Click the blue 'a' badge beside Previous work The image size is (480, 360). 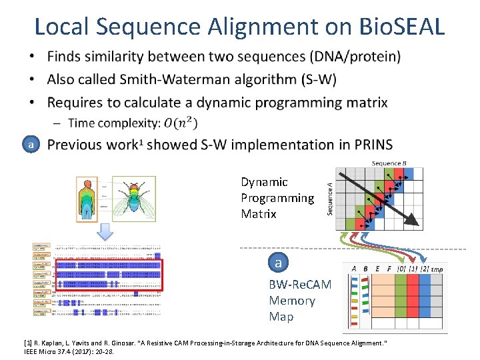pos(29,144)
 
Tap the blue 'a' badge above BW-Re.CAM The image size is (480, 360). pos(278,263)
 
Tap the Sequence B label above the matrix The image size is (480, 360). pos(389,163)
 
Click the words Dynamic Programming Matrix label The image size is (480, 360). pos(277,198)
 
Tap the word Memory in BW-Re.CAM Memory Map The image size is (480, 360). pos(292,301)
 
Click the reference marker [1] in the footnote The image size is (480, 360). pos(28,343)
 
